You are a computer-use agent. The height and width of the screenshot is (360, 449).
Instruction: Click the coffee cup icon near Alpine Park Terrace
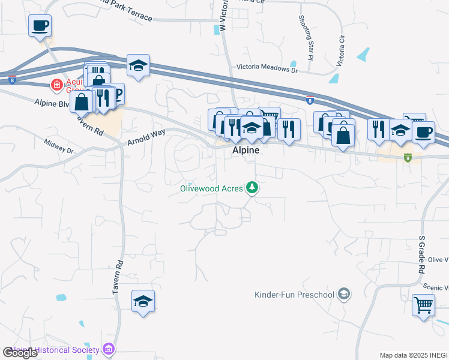40,26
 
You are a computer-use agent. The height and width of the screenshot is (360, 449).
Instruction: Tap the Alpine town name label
246,151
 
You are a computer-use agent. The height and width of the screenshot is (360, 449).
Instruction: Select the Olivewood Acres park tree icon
253,188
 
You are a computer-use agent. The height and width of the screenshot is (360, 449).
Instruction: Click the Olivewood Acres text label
212,188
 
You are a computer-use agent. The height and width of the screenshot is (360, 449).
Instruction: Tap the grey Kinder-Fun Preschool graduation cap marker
344,294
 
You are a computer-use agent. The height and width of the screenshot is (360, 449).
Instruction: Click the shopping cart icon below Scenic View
423,305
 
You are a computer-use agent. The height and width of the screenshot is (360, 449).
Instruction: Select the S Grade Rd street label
421,254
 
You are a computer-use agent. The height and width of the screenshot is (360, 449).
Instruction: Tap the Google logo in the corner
20,353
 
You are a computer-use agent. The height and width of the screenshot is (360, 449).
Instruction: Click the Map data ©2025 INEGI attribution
413,355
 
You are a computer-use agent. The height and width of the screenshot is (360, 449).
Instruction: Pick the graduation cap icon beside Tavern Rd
143,301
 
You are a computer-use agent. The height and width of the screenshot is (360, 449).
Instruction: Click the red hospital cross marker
57,85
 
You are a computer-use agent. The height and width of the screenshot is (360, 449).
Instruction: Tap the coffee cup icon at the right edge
423,131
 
